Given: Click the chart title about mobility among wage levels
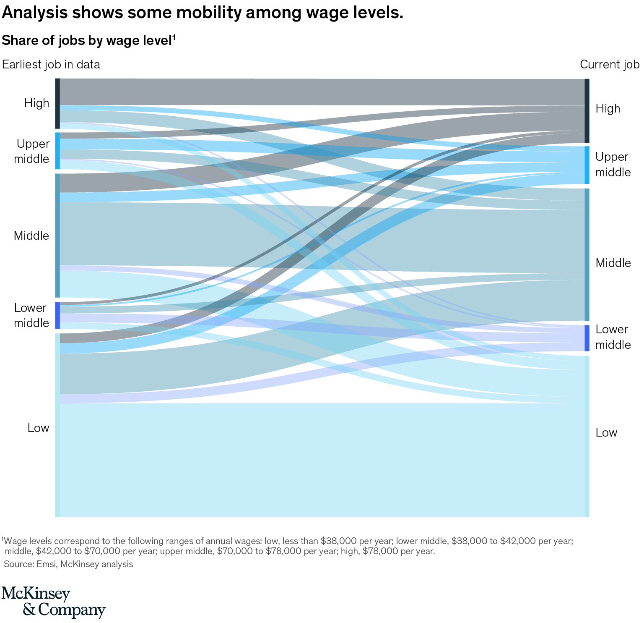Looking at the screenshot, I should (203, 13).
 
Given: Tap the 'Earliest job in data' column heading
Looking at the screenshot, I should (51, 64).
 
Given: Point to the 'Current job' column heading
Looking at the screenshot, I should (610, 64).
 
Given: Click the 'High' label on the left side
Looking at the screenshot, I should (36, 103).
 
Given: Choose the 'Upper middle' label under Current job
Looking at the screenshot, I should (613, 165).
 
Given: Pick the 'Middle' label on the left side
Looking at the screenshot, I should (31, 236).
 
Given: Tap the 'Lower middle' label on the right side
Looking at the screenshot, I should (613, 337).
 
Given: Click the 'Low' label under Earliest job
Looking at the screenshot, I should (38, 428).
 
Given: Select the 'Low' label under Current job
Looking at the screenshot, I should (606, 433).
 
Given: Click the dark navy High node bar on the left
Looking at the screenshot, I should (57, 103).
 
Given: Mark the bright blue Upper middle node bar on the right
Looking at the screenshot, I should (587, 165).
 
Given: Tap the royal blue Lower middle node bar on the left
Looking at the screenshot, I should (57, 315).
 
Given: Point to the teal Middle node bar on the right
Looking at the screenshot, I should (587, 254).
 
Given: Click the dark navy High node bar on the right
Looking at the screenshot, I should (587, 111).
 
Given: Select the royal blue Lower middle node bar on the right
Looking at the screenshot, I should (587, 338).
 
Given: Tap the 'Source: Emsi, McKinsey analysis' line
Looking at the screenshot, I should (68, 564).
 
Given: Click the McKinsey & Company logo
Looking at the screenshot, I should (53, 602).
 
